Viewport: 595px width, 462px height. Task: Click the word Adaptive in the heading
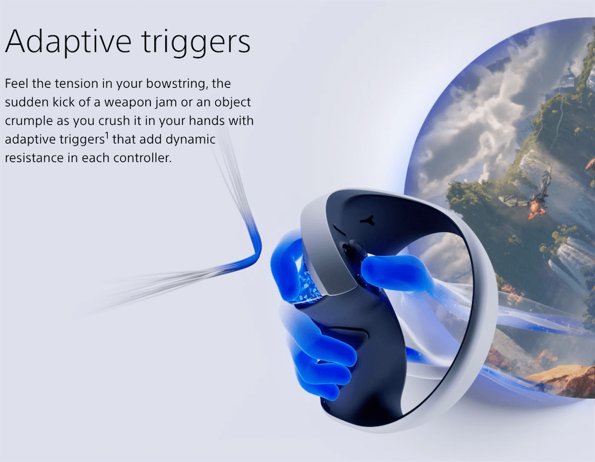click(x=68, y=40)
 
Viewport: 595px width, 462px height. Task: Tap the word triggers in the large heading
click(x=196, y=42)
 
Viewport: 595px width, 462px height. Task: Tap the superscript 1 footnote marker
click(x=106, y=135)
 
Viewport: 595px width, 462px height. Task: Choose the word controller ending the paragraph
click(x=143, y=158)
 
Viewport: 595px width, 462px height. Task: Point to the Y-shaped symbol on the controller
click(x=368, y=220)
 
